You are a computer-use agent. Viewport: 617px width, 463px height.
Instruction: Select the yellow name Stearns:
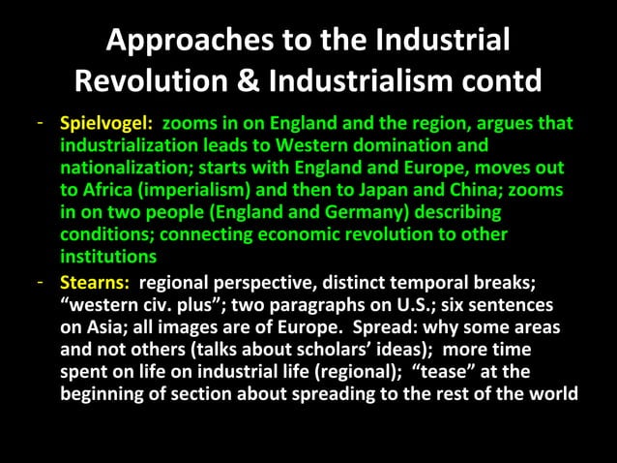pos(96,283)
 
